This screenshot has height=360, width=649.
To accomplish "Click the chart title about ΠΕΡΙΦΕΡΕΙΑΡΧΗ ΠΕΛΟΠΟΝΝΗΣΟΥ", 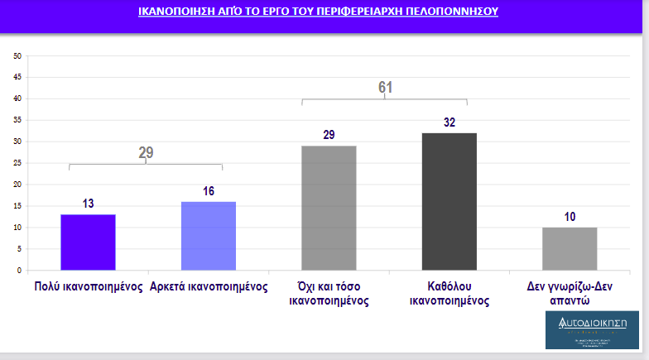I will [x=319, y=12].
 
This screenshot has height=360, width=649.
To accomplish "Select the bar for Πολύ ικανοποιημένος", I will [x=88, y=242].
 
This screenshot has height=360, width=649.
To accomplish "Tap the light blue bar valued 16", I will [x=209, y=236].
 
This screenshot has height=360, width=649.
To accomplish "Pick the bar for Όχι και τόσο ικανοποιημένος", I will [x=329, y=208].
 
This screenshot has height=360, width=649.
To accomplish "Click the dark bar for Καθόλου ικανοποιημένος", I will [x=449, y=201].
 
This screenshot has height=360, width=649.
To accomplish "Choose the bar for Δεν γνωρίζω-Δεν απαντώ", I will [x=570, y=248].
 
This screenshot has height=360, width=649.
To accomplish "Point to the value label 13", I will [x=88, y=204].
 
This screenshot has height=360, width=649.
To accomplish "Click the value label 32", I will [x=449, y=122].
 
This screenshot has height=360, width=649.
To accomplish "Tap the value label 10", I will [x=570, y=217].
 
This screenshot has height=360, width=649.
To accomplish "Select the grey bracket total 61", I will [x=385, y=88].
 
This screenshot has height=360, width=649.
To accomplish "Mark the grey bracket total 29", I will [x=146, y=152].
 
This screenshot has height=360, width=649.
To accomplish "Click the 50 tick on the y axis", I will [x=17, y=55].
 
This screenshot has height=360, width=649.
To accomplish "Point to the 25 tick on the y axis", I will [x=17, y=163].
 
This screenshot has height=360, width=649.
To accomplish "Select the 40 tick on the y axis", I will [x=17, y=98].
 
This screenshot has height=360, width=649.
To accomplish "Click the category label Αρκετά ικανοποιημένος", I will [x=209, y=287].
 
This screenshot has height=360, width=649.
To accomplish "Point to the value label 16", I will [x=209, y=191].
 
